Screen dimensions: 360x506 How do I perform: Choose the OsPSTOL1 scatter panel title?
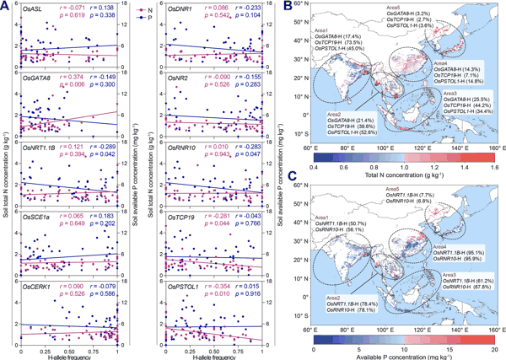pos(186,285)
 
